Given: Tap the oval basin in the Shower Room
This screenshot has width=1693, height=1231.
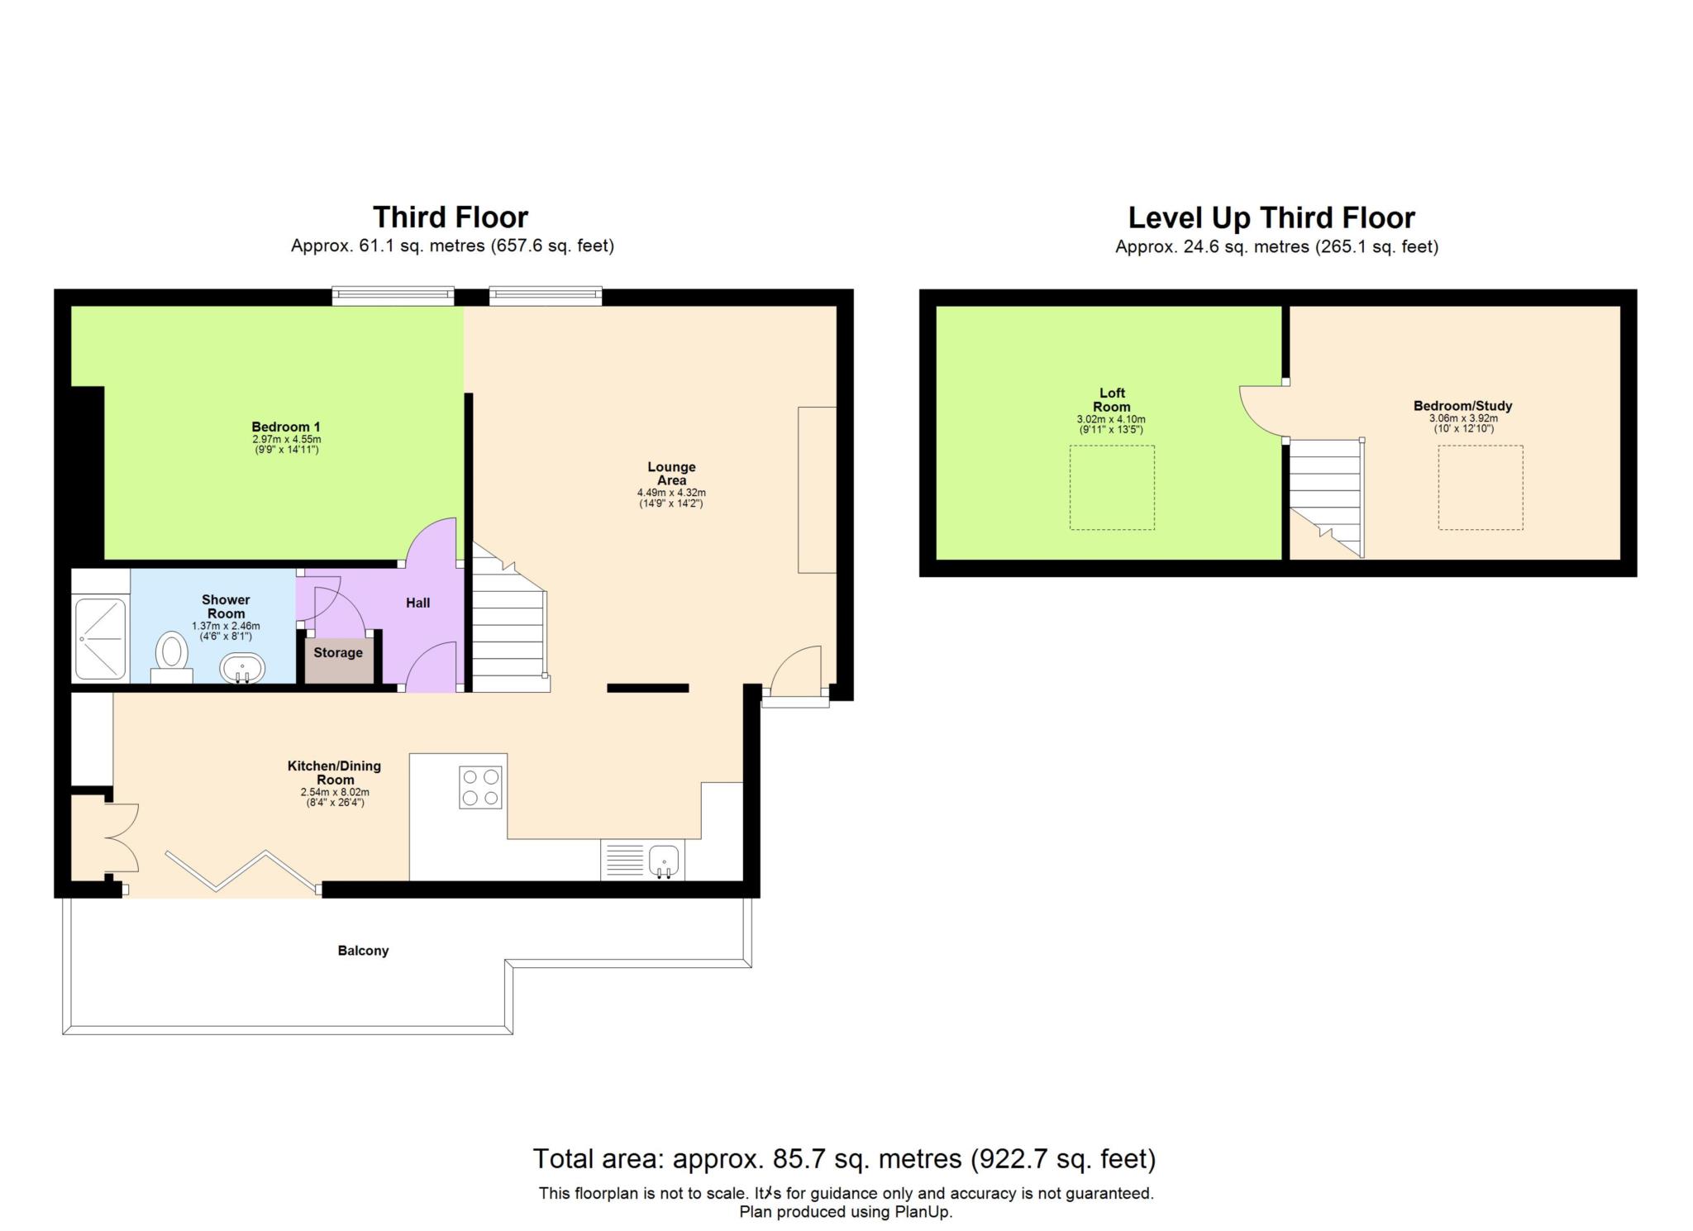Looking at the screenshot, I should (242, 667).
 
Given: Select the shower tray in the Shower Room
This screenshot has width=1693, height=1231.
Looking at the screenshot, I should (101, 639).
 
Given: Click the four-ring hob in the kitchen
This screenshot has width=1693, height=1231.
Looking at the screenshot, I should (480, 787).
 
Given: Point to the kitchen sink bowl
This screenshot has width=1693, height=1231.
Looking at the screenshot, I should (665, 860).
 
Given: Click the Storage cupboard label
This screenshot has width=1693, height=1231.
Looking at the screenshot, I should (338, 653).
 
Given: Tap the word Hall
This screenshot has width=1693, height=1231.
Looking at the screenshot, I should (417, 604).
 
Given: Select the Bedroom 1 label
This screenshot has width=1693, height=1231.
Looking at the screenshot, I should (286, 427).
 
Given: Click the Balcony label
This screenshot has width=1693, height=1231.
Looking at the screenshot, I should (363, 951).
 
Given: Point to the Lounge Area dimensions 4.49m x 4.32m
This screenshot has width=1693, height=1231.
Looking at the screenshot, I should (671, 493).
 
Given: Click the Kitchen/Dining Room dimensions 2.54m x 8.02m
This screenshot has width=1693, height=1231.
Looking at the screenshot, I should (334, 792).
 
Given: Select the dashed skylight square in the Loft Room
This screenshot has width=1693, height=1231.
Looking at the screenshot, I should (1112, 488).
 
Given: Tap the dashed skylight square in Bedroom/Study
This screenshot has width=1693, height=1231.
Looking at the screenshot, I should (1480, 488).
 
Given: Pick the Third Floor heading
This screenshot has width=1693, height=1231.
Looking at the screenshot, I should (451, 217).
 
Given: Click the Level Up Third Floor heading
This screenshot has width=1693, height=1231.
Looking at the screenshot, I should (1271, 218).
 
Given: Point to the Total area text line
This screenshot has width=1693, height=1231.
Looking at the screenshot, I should (843, 1159).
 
